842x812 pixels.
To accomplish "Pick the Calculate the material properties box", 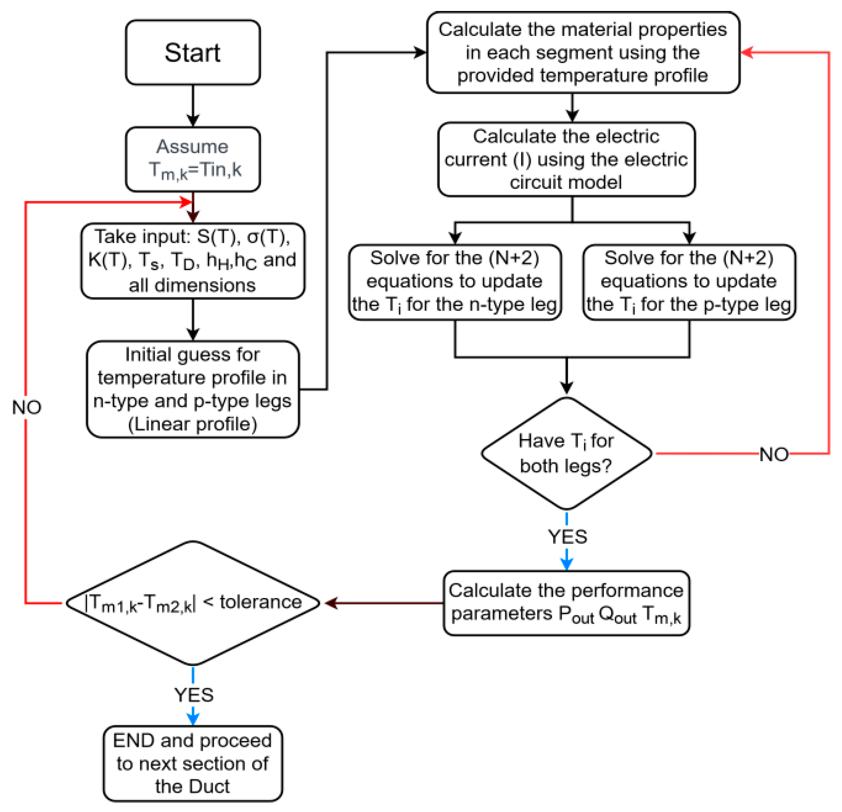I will [x=583, y=52].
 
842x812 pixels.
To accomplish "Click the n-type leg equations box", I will [x=455, y=282].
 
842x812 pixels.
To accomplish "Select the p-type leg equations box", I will [x=689, y=282].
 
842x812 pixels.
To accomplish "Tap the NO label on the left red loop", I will [x=26, y=407].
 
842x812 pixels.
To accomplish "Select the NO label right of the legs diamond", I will [x=774, y=454].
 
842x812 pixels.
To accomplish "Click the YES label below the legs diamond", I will [x=567, y=537].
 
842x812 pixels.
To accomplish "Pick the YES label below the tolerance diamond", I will [x=193, y=695].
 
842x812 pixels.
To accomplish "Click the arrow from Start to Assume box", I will [x=193, y=106].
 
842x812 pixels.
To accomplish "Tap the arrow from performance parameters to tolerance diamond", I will [x=382, y=603].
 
